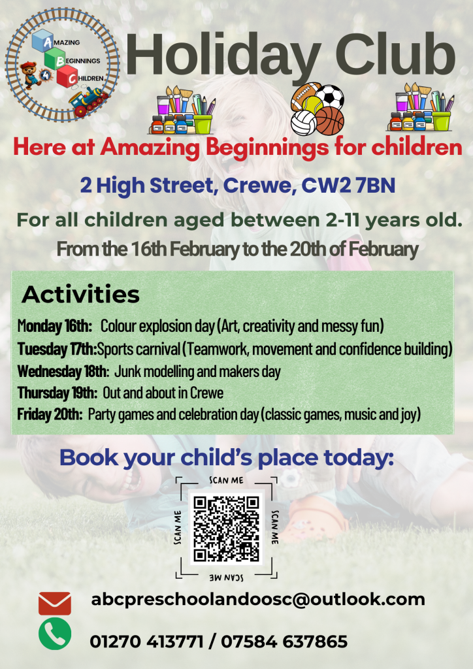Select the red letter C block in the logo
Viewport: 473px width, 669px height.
[67, 78]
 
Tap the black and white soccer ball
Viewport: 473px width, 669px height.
[330, 97]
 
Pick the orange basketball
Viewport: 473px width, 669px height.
[329, 121]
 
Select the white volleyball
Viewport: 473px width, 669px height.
[303, 123]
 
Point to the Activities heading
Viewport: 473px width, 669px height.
[80, 295]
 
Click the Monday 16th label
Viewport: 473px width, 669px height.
[55, 325]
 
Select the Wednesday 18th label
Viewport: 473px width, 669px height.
[63, 372]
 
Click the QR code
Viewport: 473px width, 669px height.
[225, 529]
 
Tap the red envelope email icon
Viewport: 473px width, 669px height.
[55, 602]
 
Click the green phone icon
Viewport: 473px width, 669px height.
[55, 633]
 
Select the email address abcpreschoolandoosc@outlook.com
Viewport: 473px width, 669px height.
[258, 599]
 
